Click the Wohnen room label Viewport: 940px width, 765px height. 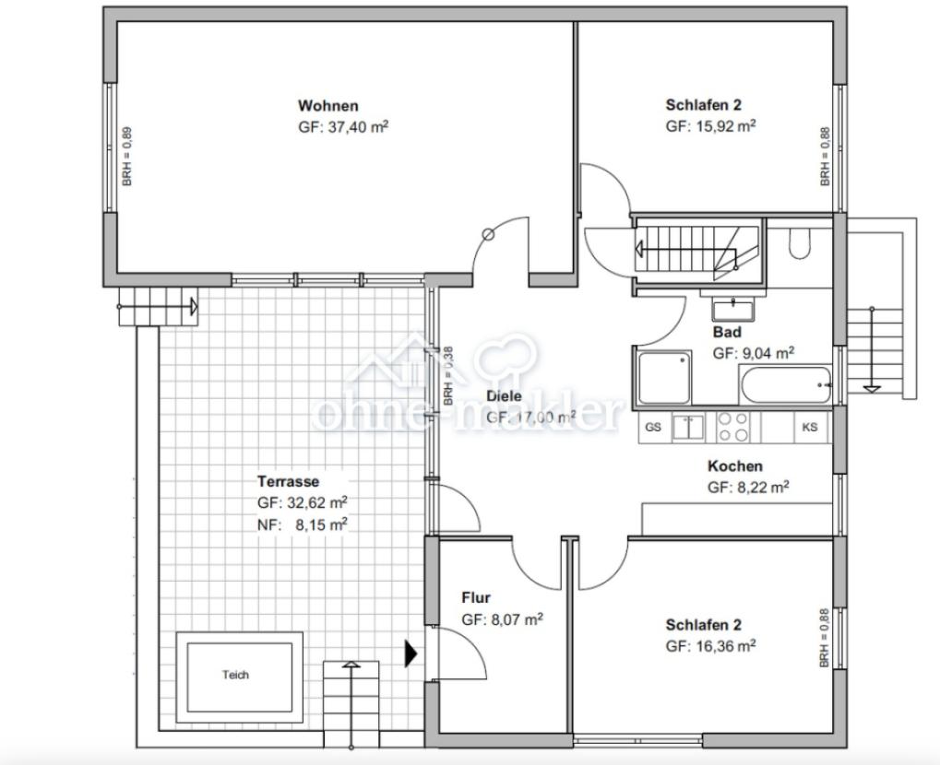327,106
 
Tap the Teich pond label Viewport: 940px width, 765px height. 235,675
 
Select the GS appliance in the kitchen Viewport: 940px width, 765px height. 653,427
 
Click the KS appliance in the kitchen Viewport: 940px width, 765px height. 810,427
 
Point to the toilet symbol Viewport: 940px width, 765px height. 799,243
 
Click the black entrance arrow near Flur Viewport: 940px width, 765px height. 411,653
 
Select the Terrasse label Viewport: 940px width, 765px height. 288,481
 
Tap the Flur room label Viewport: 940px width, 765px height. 476,598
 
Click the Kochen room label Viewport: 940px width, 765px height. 735,466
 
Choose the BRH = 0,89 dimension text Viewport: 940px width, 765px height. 127,157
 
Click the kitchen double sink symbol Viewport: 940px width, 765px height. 688,427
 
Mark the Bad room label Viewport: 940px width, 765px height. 727,332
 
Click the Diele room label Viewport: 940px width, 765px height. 504,395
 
